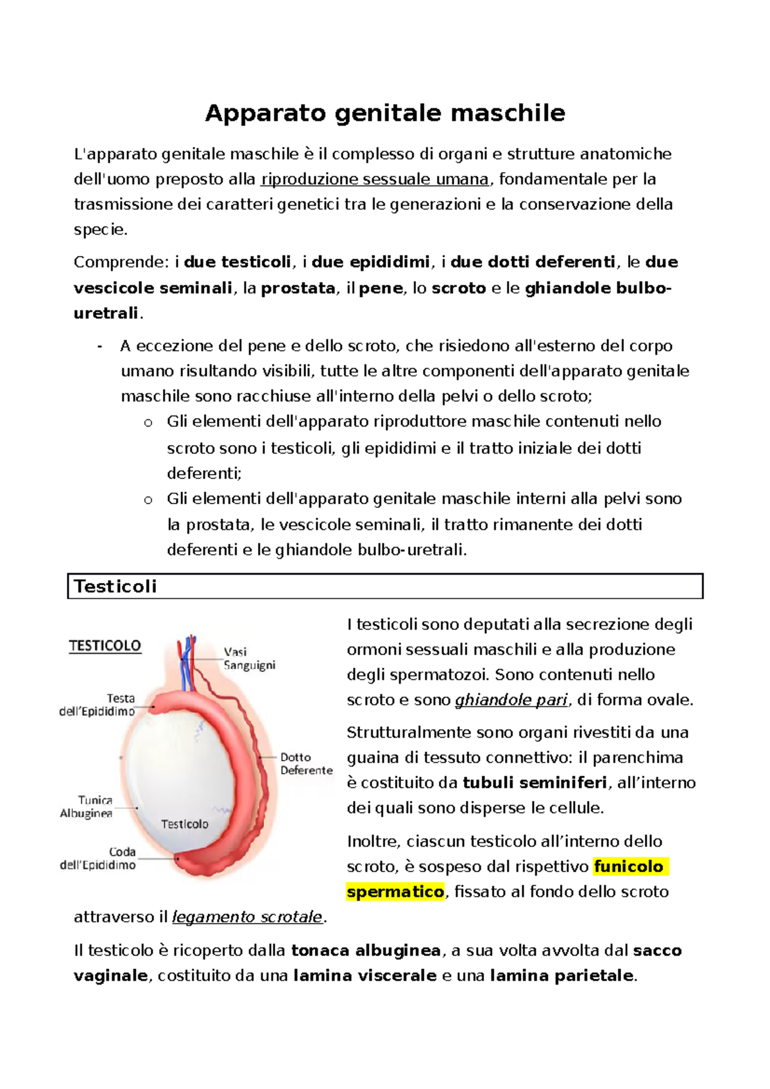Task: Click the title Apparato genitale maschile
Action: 385,114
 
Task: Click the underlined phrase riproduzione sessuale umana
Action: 375,180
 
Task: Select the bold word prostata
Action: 298,289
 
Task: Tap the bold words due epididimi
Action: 371,262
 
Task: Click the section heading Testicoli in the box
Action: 116,586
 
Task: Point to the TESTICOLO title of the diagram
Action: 105,646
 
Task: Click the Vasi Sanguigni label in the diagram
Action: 249,659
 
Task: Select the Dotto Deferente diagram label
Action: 306,764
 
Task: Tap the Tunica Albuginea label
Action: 87,807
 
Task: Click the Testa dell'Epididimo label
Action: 98,705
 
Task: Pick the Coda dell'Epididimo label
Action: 98,858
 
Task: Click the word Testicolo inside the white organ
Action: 184,824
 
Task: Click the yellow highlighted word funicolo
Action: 629,867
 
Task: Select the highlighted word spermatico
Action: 395,892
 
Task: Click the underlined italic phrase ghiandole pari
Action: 511,700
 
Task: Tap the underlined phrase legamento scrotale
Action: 247,917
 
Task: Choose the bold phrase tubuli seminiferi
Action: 535,783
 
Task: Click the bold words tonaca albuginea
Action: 366,950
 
